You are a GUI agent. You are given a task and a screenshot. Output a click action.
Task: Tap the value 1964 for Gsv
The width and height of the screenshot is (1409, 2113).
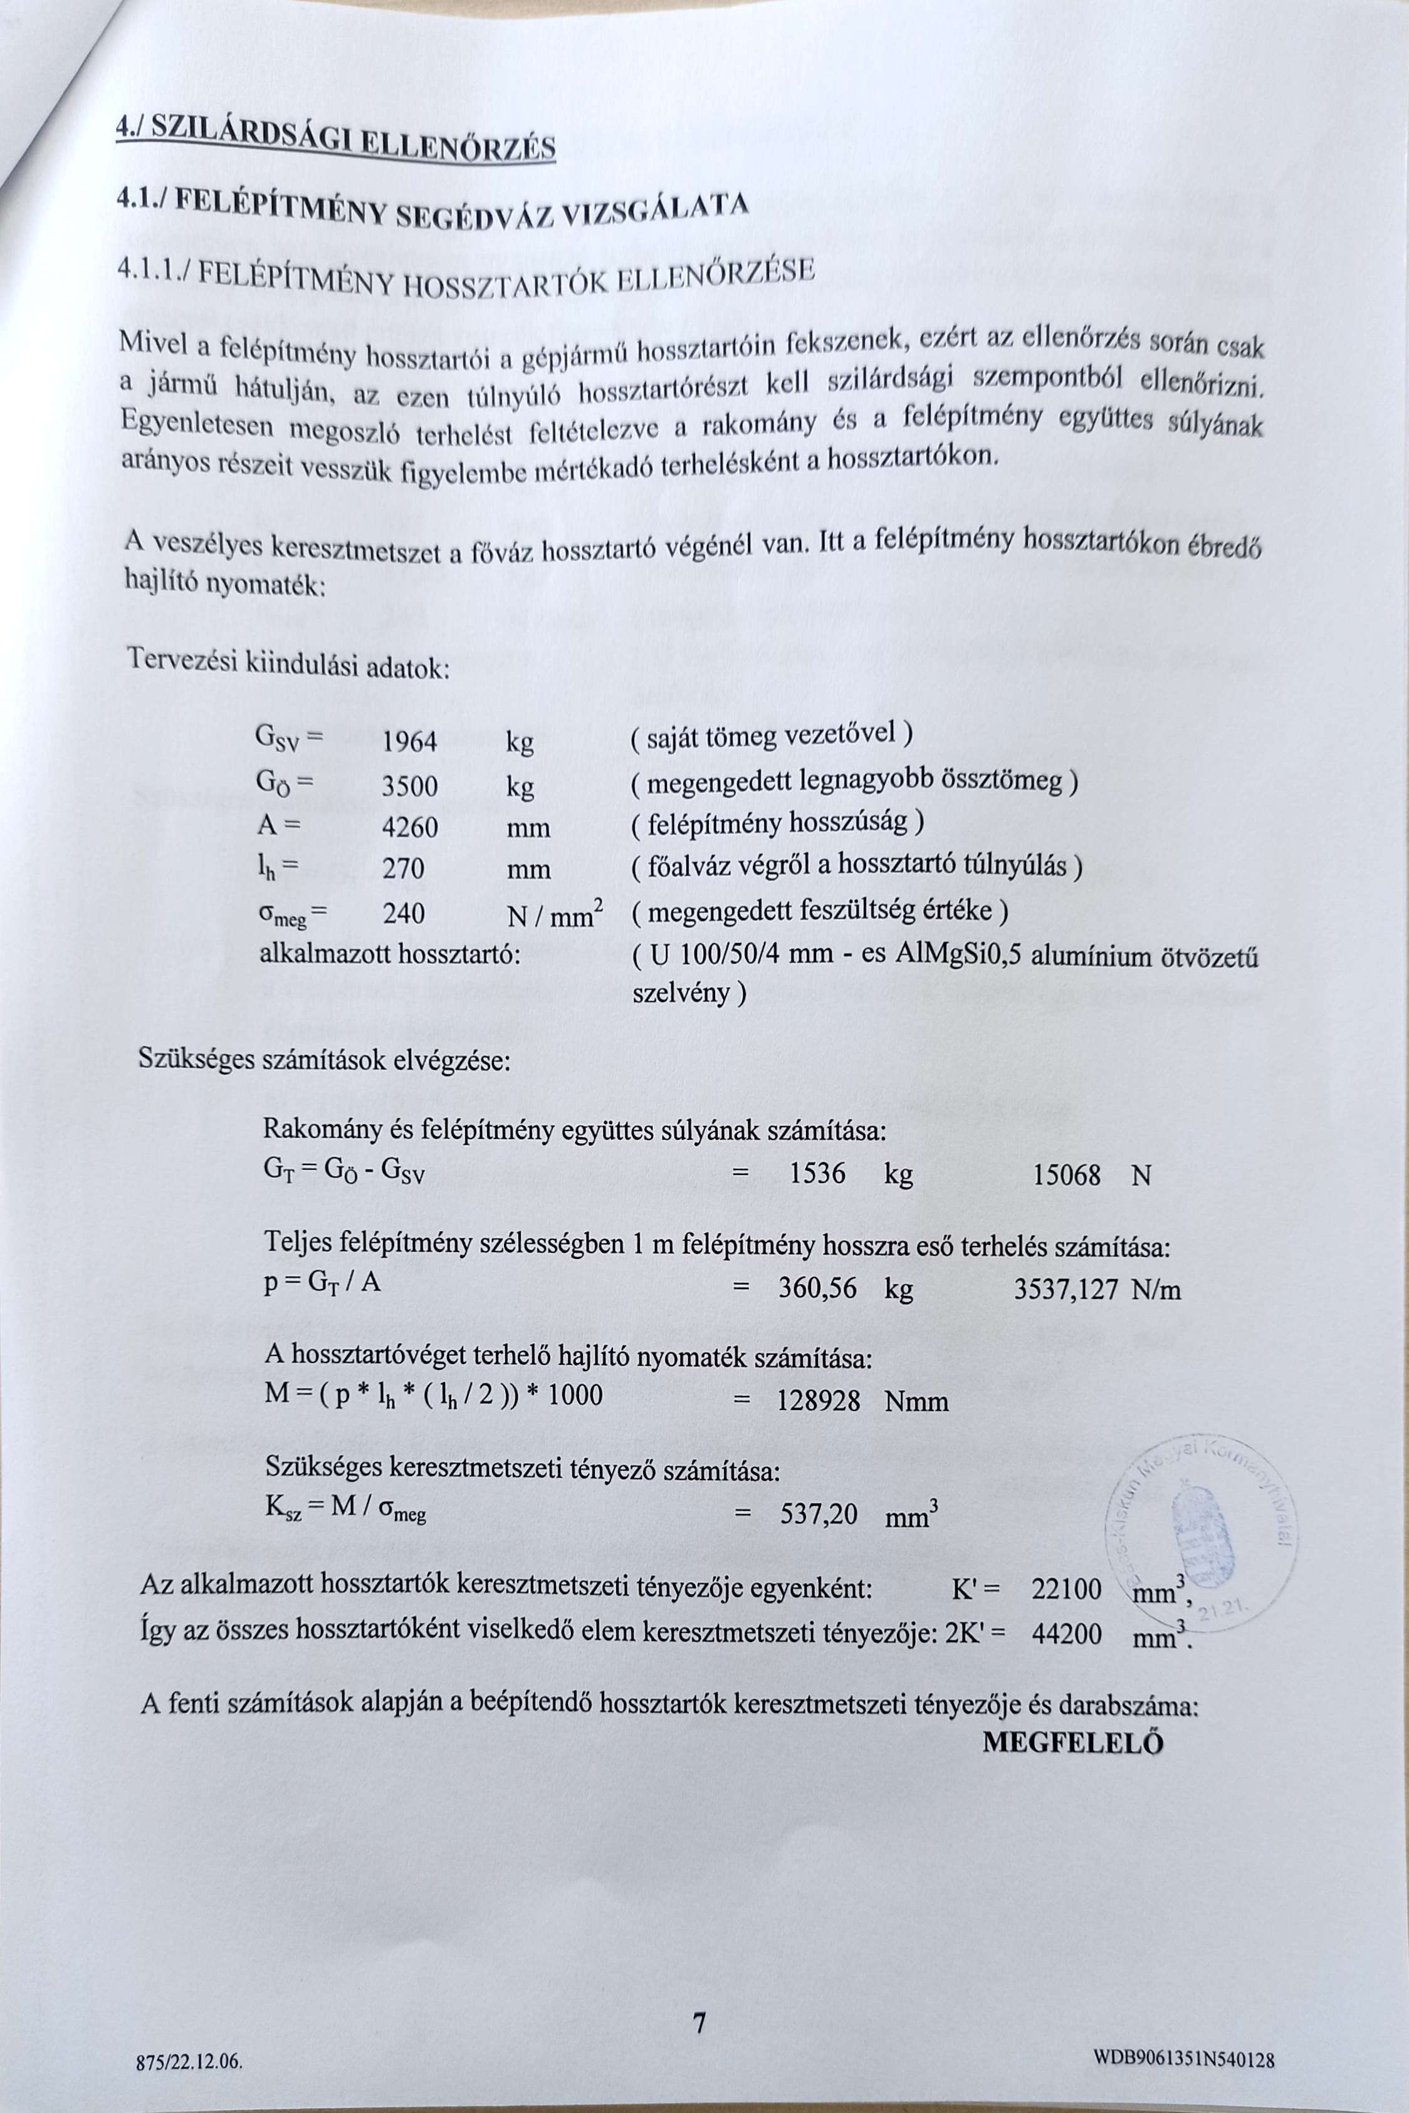[410, 742]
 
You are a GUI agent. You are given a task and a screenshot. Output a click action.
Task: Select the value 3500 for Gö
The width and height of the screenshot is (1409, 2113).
[410, 787]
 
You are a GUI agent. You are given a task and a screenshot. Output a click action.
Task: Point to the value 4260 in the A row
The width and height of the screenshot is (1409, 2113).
[410, 827]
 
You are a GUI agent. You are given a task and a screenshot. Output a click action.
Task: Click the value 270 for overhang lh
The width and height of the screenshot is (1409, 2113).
[404, 869]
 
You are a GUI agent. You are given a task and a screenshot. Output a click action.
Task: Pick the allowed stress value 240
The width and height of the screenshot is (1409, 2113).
[404, 914]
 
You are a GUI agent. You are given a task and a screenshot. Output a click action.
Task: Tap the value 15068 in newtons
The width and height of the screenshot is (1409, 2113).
[1067, 1176]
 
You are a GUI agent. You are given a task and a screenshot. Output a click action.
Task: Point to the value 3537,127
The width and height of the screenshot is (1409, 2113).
[1066, 1291]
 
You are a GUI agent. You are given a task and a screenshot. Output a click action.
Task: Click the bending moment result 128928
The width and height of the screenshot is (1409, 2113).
[819, 1402]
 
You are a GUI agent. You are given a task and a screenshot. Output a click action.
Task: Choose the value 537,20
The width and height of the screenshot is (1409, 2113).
[819, 1516]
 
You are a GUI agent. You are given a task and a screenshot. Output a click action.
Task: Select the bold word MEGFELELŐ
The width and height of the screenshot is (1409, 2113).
[1073, 1743]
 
